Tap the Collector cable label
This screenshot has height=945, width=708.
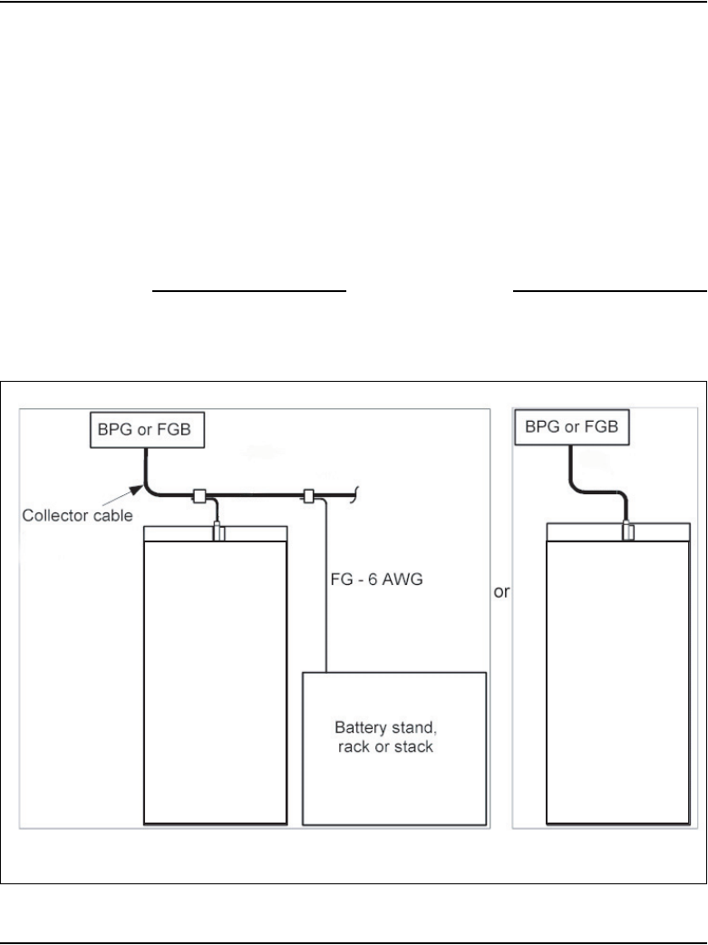(x=79, y=515)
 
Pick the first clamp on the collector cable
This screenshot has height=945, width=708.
(x=199, y=496)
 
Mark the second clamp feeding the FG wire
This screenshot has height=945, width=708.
(x=309, y=496)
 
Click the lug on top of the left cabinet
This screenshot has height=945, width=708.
(x=218, y=531)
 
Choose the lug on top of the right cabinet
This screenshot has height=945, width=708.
(x=628, y=530)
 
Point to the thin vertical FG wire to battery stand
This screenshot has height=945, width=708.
(x=325, y=589)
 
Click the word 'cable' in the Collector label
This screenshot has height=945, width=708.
(x=113, y=515)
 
